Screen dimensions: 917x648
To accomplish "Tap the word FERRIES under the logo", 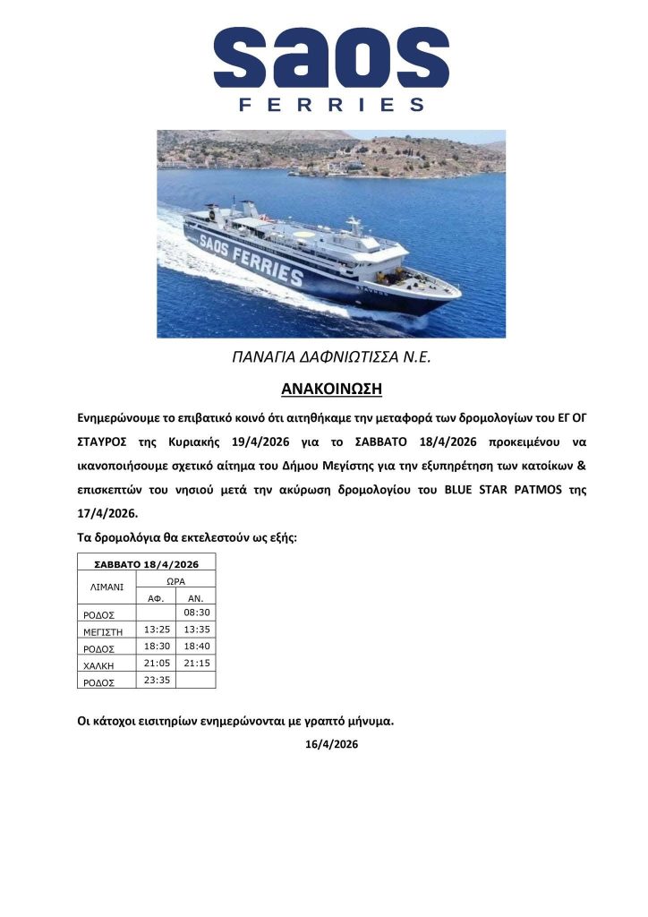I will point(331,105).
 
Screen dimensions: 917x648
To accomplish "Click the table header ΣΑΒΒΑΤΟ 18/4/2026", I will point(146,563).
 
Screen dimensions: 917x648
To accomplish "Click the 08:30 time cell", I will point(195,613).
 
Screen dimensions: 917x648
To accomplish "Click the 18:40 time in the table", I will point(195,646).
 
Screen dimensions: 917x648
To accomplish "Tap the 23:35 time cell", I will point(156,680).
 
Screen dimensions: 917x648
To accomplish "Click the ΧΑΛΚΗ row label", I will point(98,665).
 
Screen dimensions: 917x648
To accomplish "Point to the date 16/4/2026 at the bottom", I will point(331,743).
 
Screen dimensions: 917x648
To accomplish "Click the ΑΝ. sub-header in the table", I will point(195,597).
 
